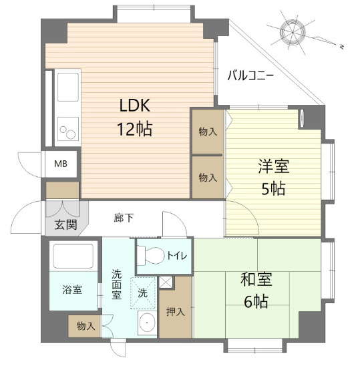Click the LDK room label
point(136,106)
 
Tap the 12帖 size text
point(136,128)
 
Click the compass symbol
point(294,32)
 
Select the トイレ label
point(177,255)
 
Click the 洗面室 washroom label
point(116,284)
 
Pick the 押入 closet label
point(175,312)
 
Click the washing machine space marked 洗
point(142,292)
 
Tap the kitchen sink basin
point(68,87)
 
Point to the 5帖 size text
point(273,189)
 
